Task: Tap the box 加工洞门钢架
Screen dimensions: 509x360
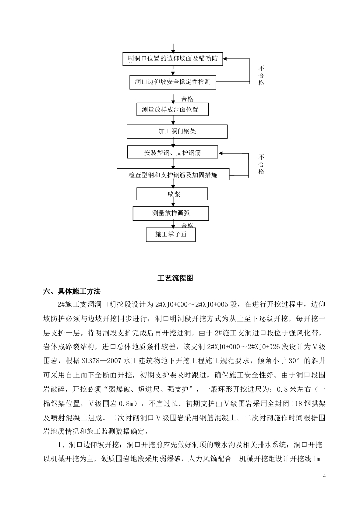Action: click(x=177, y=131)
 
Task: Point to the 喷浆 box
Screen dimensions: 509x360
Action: click(x=173, y=194)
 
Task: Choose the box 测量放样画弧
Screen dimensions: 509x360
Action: click(x=171, y=213)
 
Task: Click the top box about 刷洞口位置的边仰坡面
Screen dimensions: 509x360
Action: click(x=172, y=59)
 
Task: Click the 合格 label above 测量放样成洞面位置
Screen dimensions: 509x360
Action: click(x=187, y=98)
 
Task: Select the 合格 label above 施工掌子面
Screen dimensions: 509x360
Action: click(x=187, y=225)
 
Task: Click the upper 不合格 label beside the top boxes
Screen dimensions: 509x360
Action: click(x=261, y=75)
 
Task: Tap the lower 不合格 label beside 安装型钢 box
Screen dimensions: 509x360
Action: click(x=261, y=164)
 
